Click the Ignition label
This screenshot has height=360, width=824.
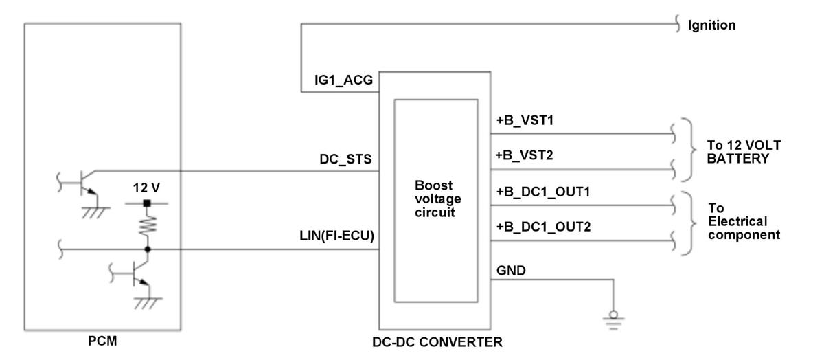tap(711, 25)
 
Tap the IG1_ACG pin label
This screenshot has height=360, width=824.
tap(343, 80)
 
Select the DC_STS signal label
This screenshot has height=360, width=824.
tap(345, 159)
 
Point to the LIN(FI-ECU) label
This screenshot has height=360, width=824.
tap(336, 236)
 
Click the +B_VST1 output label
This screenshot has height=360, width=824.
tap(525, 120)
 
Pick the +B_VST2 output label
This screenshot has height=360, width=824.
tap(524, 155)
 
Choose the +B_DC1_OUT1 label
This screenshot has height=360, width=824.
tap(543, 192)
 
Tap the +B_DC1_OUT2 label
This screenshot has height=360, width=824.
tap(543, 227)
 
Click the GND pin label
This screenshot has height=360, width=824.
tap(511, 271)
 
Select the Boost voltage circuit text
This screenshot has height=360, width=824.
tap(438, 199)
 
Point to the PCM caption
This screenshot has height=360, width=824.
tap(102, 341)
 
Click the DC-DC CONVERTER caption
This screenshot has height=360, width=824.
tap(437, 342)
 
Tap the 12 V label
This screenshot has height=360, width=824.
tap(146, 188)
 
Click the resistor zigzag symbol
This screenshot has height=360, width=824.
tap(148, 225)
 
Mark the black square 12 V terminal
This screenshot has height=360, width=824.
tap(147, 203)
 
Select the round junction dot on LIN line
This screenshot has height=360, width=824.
tap(148, 249)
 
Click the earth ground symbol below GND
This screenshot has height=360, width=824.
tap(613, 320)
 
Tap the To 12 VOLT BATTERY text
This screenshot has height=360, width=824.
tap(744, 152)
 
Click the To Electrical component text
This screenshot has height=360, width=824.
tap(744, 222)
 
